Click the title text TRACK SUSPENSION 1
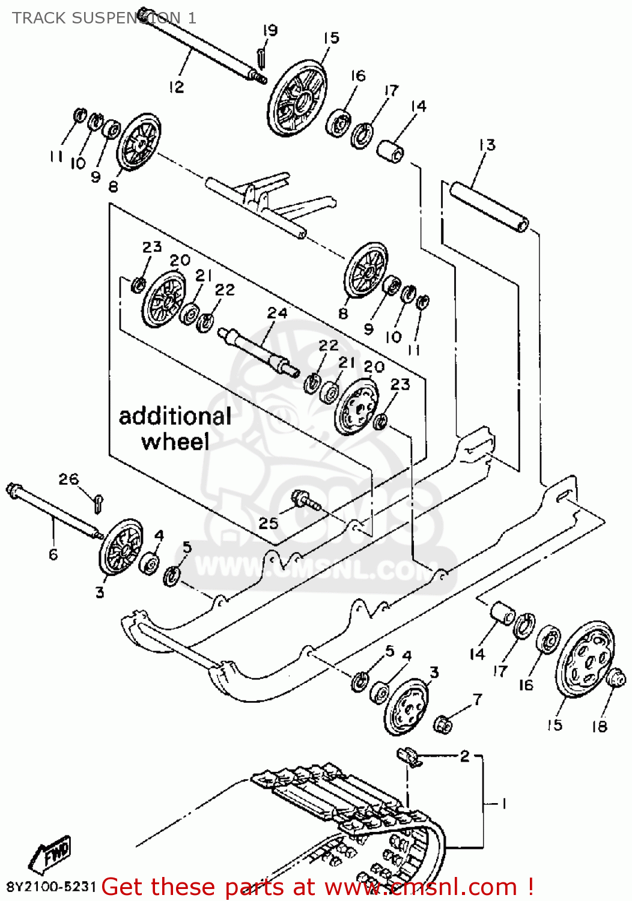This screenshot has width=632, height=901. (104, 18)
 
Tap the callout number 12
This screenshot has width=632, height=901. (175, 87)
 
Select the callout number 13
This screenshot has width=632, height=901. (487, 145)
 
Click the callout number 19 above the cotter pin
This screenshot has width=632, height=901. (270, 30)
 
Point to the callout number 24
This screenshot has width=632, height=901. (277, 313)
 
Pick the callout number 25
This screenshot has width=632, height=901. (268, 523)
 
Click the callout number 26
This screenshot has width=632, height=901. (68, 479)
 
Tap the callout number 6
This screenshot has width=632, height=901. (53, 554)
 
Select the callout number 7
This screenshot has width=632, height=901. (477, 699)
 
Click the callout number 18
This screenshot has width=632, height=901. (599, 726)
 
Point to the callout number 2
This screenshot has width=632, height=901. (464, 756)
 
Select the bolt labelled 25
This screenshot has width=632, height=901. (306, 500)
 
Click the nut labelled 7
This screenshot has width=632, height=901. (443, 724)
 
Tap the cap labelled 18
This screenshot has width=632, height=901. (616, 678)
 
